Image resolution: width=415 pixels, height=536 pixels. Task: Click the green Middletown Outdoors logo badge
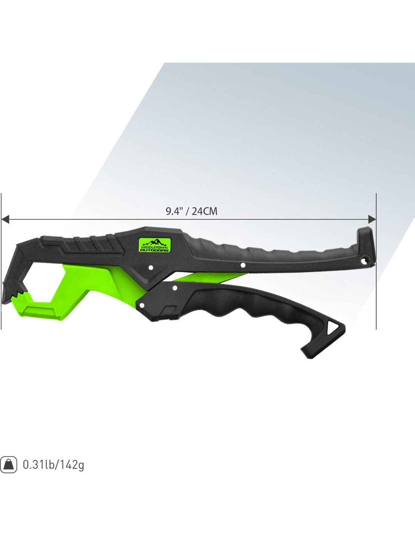(154, 245)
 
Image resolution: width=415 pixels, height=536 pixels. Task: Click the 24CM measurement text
(204, 211)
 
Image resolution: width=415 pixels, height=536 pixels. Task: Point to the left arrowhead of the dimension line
(5, 219)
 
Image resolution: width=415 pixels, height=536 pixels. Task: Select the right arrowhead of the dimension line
(372, 219)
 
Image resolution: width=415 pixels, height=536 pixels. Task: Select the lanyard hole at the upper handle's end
(363, 261)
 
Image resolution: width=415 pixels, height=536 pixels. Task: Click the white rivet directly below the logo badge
(151, 268)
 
